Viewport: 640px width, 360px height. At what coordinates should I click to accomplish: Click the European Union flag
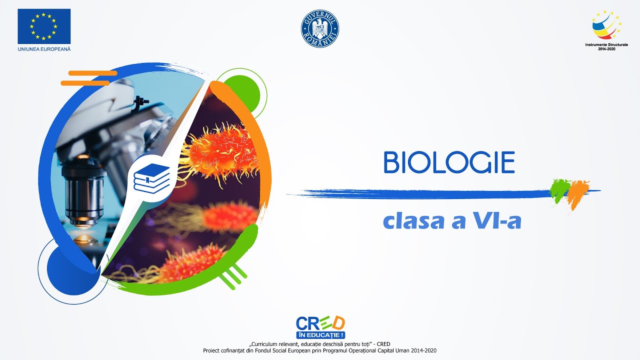coord(44,26)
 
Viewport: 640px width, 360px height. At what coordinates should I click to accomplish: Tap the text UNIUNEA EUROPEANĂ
coord(44,49)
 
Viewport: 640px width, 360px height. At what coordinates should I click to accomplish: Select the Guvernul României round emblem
coord(320,28)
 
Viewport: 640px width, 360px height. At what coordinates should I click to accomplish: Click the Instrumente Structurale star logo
coord(606,25)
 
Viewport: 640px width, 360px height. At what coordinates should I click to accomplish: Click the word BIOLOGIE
coord(449,162)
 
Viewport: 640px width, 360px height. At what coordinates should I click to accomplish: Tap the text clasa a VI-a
coord(452,221)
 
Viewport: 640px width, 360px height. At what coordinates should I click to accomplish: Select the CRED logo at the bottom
coord(320,323)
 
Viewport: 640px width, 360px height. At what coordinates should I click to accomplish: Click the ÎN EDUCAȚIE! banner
coord(320,335)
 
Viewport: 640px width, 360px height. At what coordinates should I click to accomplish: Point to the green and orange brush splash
coord(569,191)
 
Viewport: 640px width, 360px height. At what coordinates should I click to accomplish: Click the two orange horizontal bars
coord(87,78)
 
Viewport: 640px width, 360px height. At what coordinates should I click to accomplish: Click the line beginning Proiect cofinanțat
coord(319,350)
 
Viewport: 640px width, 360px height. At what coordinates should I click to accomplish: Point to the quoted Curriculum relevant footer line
coord(319,343)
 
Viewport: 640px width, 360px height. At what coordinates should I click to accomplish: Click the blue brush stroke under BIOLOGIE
coord(425,192)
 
